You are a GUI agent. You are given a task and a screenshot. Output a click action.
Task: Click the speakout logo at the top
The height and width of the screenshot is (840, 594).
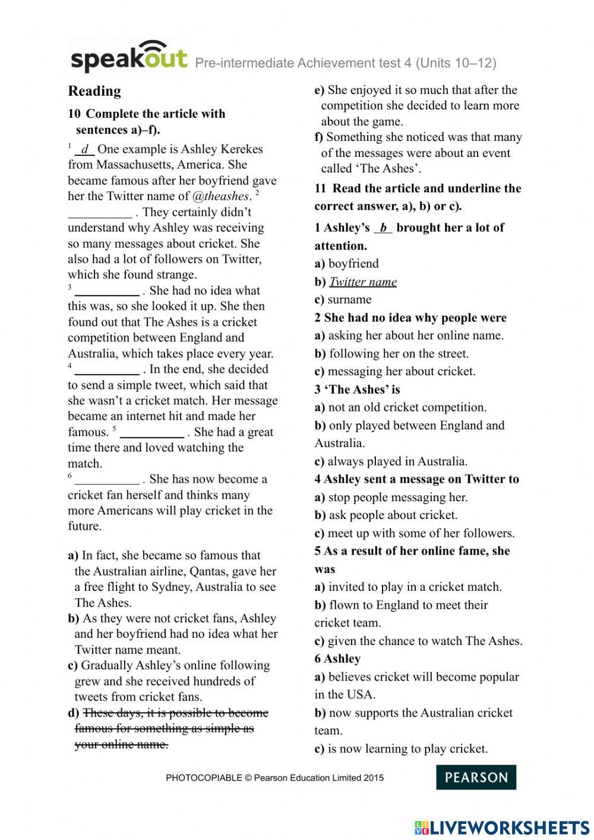coord(129,57)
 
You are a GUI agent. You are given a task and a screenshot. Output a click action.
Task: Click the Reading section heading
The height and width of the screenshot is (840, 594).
coord(94,91)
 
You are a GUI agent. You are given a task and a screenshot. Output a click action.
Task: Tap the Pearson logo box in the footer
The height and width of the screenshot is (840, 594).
coord(476,777)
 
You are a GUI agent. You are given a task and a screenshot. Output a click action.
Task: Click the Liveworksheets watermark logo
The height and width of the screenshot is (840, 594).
coord(502,827)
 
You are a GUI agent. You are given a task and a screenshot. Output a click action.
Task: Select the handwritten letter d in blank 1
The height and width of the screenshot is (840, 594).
coord(85,149)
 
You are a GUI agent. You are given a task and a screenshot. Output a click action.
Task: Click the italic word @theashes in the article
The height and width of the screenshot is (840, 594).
coord(220,196)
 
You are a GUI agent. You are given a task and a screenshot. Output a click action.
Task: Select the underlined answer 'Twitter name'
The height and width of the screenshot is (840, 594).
coord(363,282)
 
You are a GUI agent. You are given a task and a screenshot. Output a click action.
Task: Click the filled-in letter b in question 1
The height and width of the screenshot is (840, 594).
coord(383,228)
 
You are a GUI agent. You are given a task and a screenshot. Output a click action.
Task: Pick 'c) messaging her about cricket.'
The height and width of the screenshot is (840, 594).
coord(395,372)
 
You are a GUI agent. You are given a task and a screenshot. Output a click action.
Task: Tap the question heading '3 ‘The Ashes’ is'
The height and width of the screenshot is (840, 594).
coord(357,389)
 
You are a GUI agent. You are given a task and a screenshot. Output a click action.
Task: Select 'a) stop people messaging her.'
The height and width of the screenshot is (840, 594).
coord(391,497)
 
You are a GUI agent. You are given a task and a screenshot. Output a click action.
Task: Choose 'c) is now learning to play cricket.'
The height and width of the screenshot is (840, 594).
coord(401,748)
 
